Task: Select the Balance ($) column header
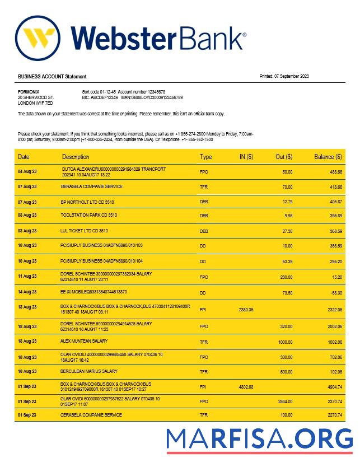(328, 157)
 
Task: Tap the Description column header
(76, 157)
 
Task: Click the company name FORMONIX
(29, 91)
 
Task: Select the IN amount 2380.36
(246, 309)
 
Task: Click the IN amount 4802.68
(246, 386)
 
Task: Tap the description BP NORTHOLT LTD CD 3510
(89, 201)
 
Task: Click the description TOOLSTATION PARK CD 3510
(89, 215)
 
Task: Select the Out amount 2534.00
(285, 401)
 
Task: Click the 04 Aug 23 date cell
(27, 171)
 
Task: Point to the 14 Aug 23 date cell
(27, 292)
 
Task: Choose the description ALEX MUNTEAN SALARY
(84, 340)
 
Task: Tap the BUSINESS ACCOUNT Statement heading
(52, 76)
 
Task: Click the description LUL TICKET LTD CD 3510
(85, 230)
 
